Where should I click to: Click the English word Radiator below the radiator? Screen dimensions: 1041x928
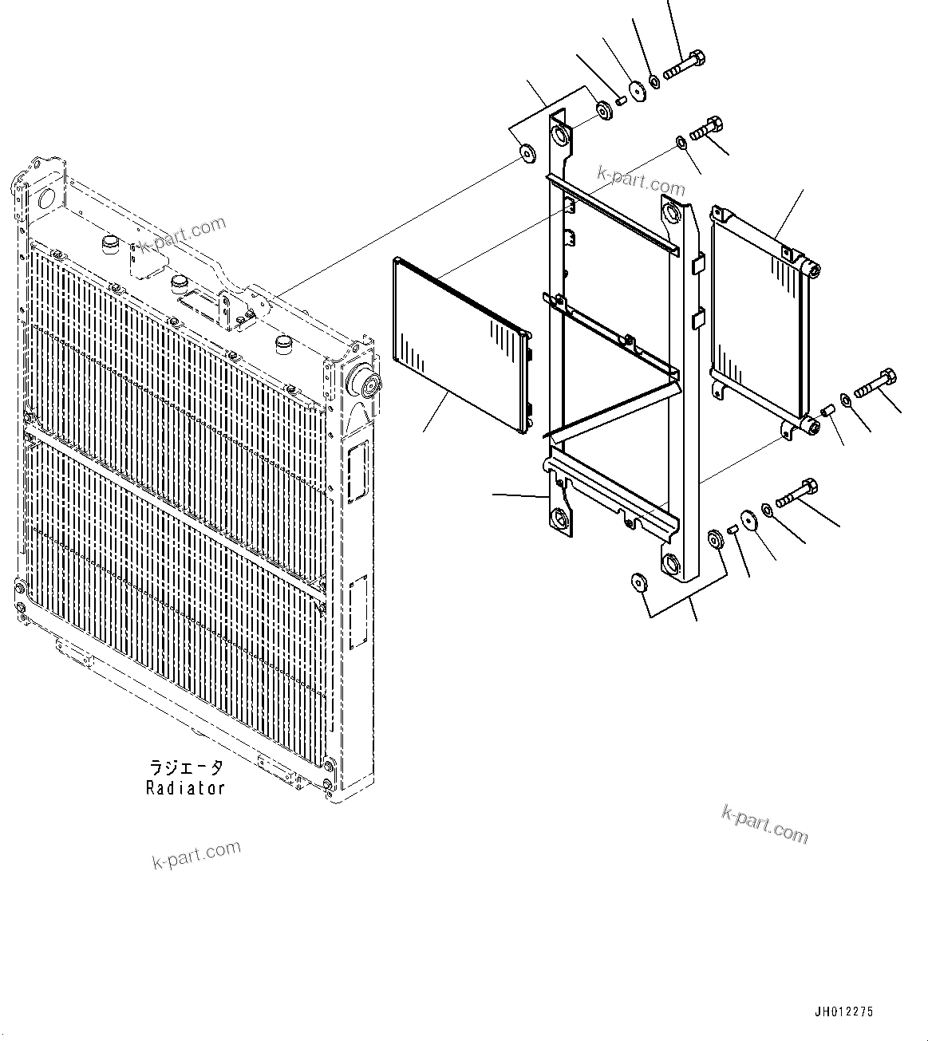(185, 788)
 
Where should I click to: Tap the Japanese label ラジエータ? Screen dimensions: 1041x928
(186, 768)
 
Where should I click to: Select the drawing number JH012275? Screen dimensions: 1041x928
(843, 1011)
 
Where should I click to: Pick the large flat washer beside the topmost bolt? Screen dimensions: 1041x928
(638, 91)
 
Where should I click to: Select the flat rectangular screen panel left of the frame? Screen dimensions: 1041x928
(459, 345)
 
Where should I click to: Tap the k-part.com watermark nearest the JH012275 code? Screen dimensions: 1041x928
(764, 823)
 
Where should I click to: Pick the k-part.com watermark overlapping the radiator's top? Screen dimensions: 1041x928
(184, 234)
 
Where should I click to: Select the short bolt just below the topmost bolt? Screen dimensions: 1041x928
(707, 129)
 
